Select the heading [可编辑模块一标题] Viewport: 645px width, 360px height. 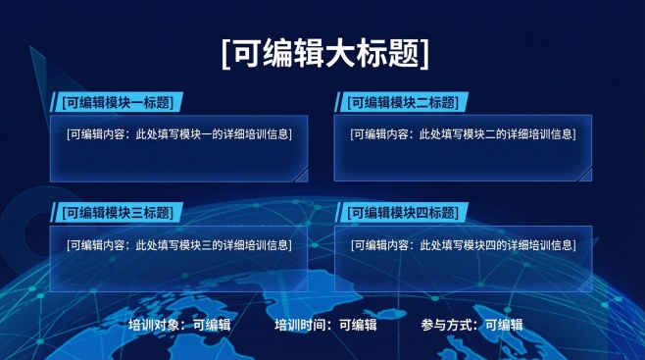pos(116,102)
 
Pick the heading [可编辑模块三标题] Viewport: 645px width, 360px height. pos(116,213)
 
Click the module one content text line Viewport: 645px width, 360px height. pos(178,133)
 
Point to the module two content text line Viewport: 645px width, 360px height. pos(463,133)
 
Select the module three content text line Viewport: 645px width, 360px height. pos(178,245)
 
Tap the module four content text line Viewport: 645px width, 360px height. pos(463,245)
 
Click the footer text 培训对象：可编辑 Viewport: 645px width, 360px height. pos(178,325)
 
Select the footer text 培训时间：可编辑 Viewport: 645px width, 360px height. pos(325,325)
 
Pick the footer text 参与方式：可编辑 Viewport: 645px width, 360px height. pos(471,325)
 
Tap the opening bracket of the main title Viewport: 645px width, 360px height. pos(226,53)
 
